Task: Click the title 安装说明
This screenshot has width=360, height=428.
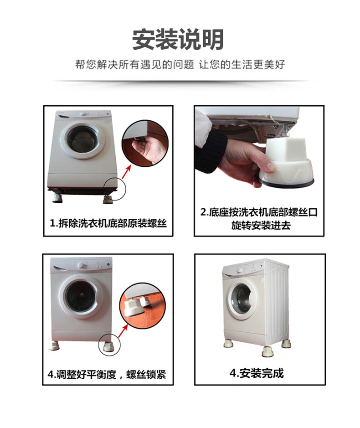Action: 178,39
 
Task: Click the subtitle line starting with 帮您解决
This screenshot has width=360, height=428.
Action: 180,65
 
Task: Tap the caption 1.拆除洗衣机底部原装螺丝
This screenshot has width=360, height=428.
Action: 108,223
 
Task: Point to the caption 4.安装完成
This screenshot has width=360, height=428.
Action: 257,373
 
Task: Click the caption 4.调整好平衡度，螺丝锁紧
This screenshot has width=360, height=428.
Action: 107,374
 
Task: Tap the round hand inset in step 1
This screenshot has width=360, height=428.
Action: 145,143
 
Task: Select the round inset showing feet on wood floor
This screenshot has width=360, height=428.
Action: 143,306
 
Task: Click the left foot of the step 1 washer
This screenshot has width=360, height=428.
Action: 57,198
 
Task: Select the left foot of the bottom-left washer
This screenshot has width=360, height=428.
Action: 54,346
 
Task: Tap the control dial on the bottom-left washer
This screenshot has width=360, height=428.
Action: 81,265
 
